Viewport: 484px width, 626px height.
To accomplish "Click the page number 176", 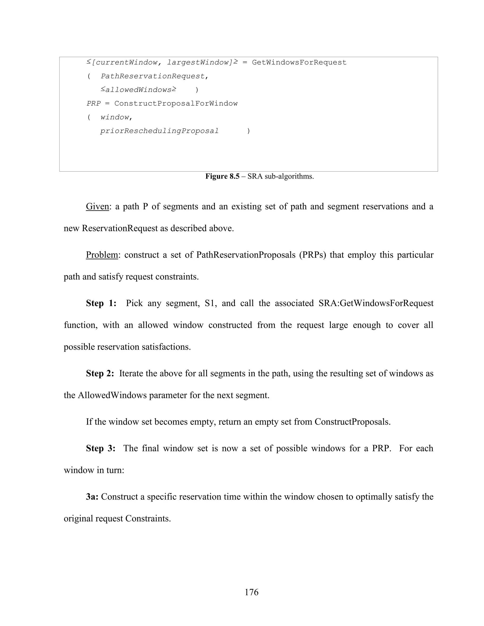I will point(251,592).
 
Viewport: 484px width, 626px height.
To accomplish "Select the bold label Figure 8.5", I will point(222,176).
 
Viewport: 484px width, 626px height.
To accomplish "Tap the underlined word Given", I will point(98,206).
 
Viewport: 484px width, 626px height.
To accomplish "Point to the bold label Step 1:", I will point(101,303).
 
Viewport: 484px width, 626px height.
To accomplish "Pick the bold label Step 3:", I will point(101,448).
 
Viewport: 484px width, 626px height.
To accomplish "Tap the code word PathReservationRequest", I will point(153,76).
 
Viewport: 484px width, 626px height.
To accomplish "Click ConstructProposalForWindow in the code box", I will point(176,103).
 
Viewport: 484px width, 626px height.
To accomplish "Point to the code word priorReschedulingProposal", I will point(160,131).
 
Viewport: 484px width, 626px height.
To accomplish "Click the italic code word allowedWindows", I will point(138,90).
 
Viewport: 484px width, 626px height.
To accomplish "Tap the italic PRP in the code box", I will point(94,103).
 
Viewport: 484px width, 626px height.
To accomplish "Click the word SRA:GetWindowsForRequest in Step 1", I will point(376,303).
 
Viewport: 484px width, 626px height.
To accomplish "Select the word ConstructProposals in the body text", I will point(352,422).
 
